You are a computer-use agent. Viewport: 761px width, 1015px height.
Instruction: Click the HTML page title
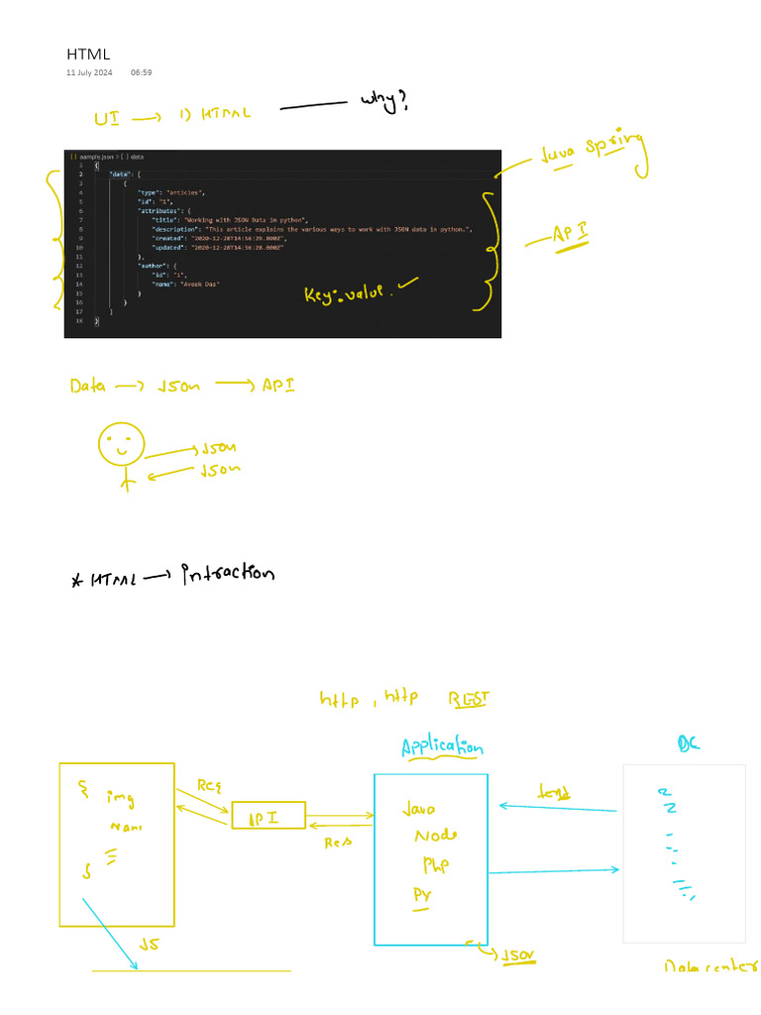point(88,54)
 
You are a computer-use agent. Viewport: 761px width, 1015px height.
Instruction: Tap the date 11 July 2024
point(89,72)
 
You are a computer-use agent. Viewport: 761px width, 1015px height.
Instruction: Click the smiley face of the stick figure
point(121,444)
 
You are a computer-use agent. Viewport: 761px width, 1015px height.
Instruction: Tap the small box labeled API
point(269,816)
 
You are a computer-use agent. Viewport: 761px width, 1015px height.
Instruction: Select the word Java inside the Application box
point(418,809)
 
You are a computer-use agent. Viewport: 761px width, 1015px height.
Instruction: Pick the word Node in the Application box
point(436,836)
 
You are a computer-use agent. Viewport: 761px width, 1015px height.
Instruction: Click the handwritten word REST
point(469,700)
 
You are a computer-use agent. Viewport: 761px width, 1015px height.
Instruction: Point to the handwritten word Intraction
point(227,573)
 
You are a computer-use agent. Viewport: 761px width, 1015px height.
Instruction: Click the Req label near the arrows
point(208,786)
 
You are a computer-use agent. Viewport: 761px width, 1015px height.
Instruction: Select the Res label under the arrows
point(340,843)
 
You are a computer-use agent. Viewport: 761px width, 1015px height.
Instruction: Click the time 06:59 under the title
point(141,72)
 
